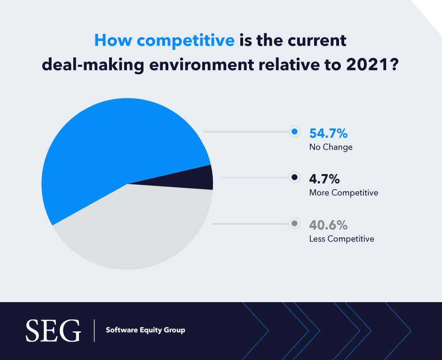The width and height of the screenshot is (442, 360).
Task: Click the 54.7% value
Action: click(x=328, y=134)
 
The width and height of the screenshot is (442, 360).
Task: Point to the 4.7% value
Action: click(x=324, y=179)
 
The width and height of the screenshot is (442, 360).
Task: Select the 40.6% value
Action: click(x=328, y=225)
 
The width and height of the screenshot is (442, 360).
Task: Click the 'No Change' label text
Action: click(x=331, y=147)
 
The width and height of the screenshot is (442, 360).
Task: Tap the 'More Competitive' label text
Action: click(x=343, y=193)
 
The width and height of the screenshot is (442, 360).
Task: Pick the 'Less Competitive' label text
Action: click(x=341, y=239)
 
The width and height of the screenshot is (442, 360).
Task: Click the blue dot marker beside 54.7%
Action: click(x=295, y=132)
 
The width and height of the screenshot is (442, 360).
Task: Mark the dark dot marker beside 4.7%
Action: click(x=295, y=177)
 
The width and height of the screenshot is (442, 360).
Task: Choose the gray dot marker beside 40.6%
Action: click(x=295, y=224)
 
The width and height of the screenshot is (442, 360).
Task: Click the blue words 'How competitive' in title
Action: click(x=164, y=40)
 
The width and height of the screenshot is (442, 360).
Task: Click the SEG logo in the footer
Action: click(x=53, y=330)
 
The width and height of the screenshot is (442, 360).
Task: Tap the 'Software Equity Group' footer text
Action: click(x=145, y=330)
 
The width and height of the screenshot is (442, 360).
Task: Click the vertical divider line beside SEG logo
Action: click(x=94, y=330)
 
